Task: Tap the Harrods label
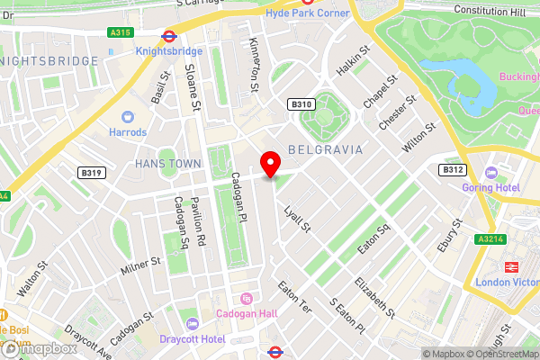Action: coord(129,132)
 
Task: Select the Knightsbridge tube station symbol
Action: coord(167,38)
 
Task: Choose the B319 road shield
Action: coord(90,172)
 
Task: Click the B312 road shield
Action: coord(452,169)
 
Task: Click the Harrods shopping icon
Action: coord(129,116)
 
